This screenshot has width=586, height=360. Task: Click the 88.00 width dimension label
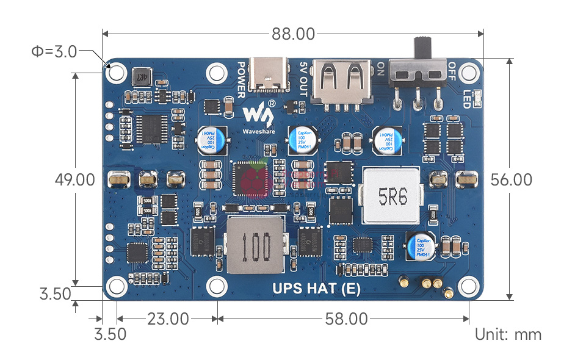[293, 34]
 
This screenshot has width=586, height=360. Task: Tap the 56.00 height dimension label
[512, 180]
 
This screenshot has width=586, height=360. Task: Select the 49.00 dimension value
[74, 180]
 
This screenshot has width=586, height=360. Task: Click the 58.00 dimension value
[347, 319]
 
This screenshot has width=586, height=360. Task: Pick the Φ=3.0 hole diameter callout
[54, 52]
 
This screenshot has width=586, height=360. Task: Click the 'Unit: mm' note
[508, 334]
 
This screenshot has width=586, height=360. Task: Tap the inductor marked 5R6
[392, 196]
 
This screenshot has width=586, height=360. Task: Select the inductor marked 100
[255, 245]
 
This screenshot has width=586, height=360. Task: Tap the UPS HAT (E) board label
[316, 289]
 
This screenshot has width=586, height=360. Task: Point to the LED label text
[467, 99]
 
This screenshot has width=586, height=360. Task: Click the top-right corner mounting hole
[468, 73]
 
